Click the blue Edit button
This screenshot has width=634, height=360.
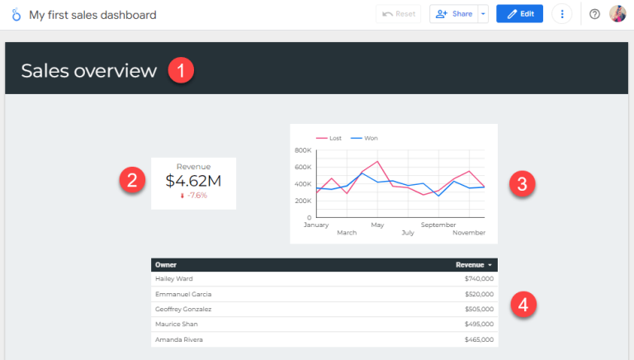tap(519, 14)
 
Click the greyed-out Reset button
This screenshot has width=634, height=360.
tap(398, 14)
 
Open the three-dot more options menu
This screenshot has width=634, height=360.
tap(562, 14)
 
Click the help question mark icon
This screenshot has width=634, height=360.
tap(594, 14)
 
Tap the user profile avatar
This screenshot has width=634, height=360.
tap(617, 14)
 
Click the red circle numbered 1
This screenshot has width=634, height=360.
tap(181, 70)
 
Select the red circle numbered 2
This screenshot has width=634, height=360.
tap(132, 180)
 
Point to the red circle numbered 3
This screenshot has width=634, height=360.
tap(520, 183)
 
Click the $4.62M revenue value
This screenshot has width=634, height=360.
tap(193, 180)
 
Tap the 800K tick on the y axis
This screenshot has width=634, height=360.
tap(302, 150)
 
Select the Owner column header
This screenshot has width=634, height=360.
tap(166, 265)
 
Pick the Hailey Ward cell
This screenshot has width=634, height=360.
tap(173, 279)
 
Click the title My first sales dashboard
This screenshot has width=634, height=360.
tap(92, 15)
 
